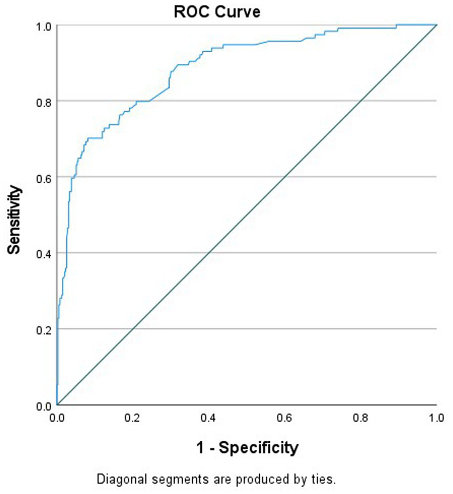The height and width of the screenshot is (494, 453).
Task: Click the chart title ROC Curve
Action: [217, 12]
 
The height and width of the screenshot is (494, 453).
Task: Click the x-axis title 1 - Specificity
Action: [246, 447]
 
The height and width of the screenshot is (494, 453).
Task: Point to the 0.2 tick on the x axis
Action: [133, 416]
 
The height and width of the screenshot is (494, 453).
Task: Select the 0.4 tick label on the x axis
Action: [209, 416]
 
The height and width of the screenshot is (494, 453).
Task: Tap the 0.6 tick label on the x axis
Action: [285, 416]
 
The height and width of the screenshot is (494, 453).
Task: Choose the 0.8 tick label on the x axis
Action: [361, 416]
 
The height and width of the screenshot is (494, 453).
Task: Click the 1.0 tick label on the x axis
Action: [436, 416]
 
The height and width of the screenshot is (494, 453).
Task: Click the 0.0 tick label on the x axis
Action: [57, 416]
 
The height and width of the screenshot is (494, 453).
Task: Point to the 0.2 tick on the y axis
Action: [43, 329]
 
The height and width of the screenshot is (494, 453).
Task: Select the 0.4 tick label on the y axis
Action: [43, 253]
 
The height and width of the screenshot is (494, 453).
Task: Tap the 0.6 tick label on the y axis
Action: [43, 177]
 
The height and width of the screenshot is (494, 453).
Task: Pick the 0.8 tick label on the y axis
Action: [43, 101]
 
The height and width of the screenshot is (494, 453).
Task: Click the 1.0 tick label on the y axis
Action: [43, 26]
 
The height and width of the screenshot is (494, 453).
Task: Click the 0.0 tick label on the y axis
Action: [43, 406]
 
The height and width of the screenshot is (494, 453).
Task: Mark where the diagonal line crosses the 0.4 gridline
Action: [209, 253]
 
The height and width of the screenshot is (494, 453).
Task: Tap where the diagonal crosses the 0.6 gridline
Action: [285, 177]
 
